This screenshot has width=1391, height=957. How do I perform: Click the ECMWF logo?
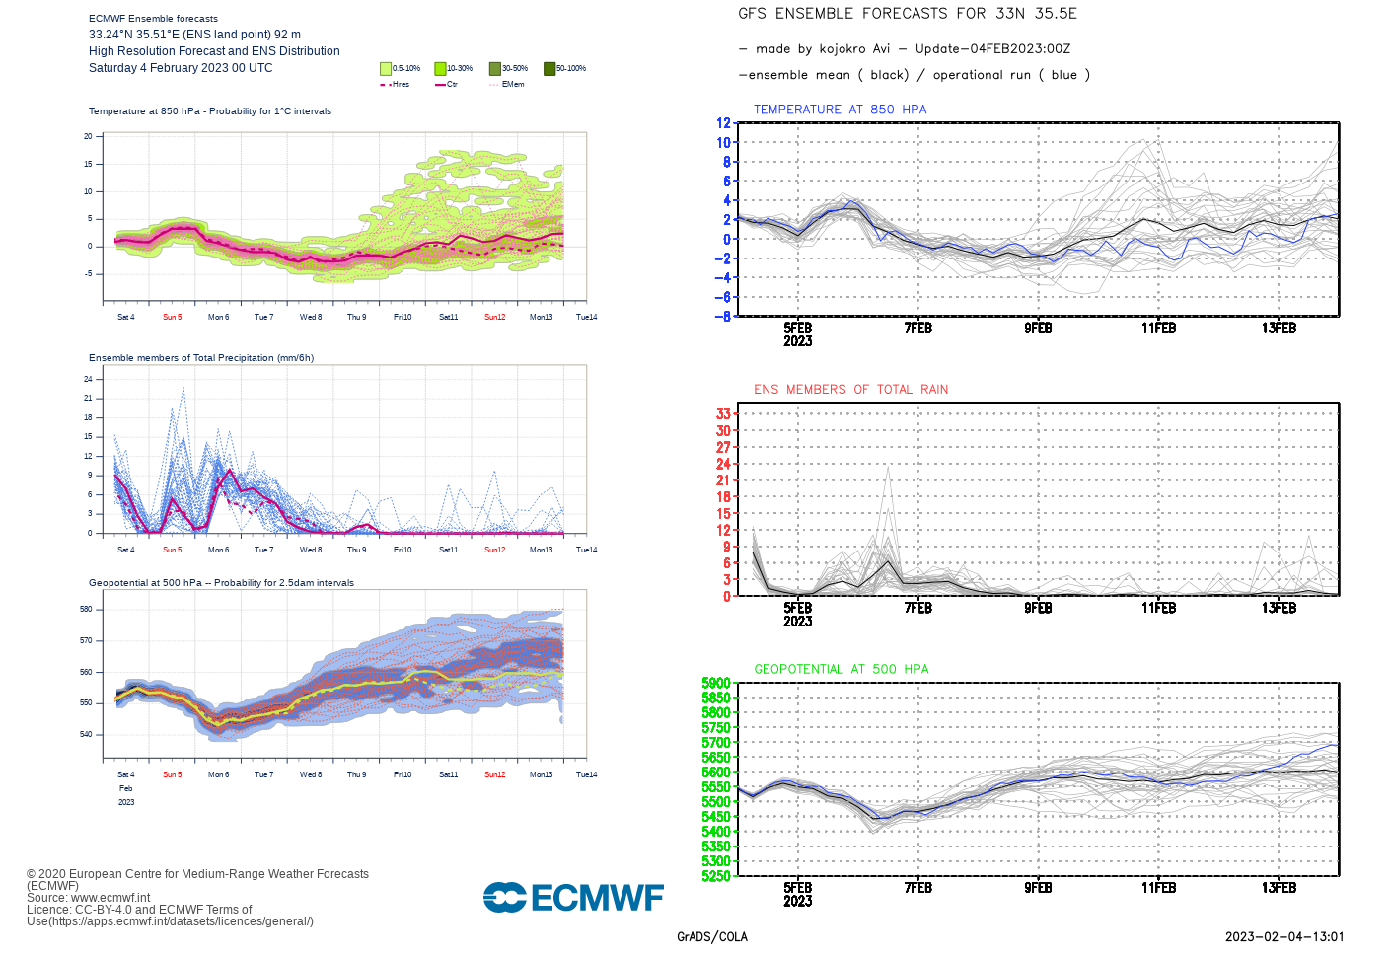pos(573,897)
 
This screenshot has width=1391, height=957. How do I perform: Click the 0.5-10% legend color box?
pos(386,68)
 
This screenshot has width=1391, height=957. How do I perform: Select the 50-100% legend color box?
pos(549,68)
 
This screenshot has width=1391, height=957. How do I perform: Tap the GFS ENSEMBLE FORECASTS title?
pos(907,14)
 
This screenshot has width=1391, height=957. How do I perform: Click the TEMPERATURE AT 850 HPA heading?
pos(840,110)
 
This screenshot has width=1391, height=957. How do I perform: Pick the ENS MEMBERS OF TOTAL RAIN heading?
pos(850,390)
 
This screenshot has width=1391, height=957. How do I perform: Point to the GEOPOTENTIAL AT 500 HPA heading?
pos(841,669)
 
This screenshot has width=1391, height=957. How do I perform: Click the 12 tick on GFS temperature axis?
pos(723,123)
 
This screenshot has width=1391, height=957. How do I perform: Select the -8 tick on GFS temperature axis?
pos(723,316)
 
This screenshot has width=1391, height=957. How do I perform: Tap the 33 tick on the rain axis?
pos(723,413)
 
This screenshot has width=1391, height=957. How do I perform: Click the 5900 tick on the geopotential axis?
pos(716,683)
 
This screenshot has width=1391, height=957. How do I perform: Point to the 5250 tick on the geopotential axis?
pos(716,875)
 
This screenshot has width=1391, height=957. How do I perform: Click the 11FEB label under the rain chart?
pos(1158,608)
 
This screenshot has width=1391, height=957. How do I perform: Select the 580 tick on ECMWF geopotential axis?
pos(86,609)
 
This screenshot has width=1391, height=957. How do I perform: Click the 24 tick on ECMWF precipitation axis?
pos(88,379)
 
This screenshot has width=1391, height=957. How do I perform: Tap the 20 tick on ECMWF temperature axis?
pos(88,136)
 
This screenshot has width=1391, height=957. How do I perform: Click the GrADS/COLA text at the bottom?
pos(711,937)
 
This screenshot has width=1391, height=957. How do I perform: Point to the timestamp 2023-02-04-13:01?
pos(1284,937)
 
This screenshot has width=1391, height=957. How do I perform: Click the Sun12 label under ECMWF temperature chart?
pos(494,317)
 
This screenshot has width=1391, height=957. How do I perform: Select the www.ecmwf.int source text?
pos(110,898)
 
